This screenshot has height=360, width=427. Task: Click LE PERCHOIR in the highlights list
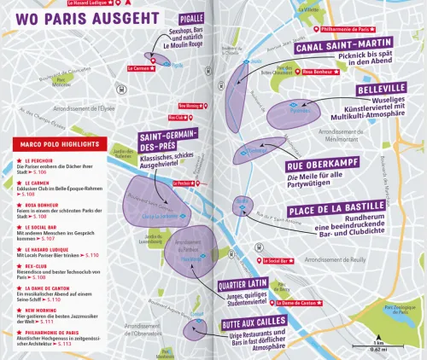coord(38,160)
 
